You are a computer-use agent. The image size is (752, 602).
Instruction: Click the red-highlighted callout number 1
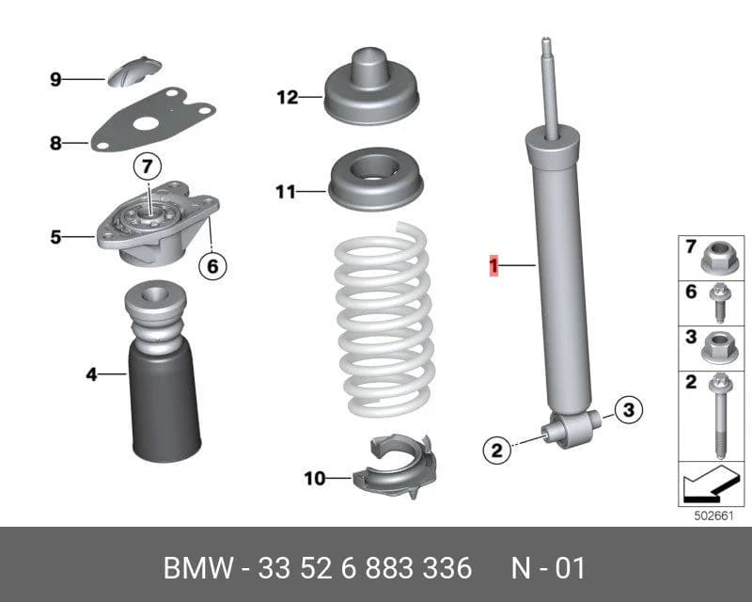(x=493, y=267)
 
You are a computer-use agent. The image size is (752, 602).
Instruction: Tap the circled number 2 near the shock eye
(x=497, y=450)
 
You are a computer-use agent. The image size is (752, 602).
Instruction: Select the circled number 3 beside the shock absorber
(x=628, y=409)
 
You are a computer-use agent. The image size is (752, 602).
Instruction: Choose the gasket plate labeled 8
(x=153, y=120)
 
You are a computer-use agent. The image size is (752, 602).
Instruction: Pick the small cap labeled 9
(x=133, y=71)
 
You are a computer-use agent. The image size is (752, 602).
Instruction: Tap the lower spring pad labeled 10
(x=394, y=468)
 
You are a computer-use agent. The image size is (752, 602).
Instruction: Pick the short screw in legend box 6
(x=720, y=303)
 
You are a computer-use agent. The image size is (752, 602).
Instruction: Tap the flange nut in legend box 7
(x=719, y=259)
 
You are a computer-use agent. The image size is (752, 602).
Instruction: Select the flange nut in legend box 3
(x=719, y=348)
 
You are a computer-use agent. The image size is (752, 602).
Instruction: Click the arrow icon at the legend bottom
(x=712, y=483)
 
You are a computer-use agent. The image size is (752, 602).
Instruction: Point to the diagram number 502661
(x=714, y=515)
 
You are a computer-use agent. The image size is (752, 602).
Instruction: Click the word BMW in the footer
(x=198, y=568)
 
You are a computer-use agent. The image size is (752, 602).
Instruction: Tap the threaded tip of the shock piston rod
(x=546, y=45)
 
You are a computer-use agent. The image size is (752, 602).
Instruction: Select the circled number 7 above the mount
(x=148, y=166)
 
